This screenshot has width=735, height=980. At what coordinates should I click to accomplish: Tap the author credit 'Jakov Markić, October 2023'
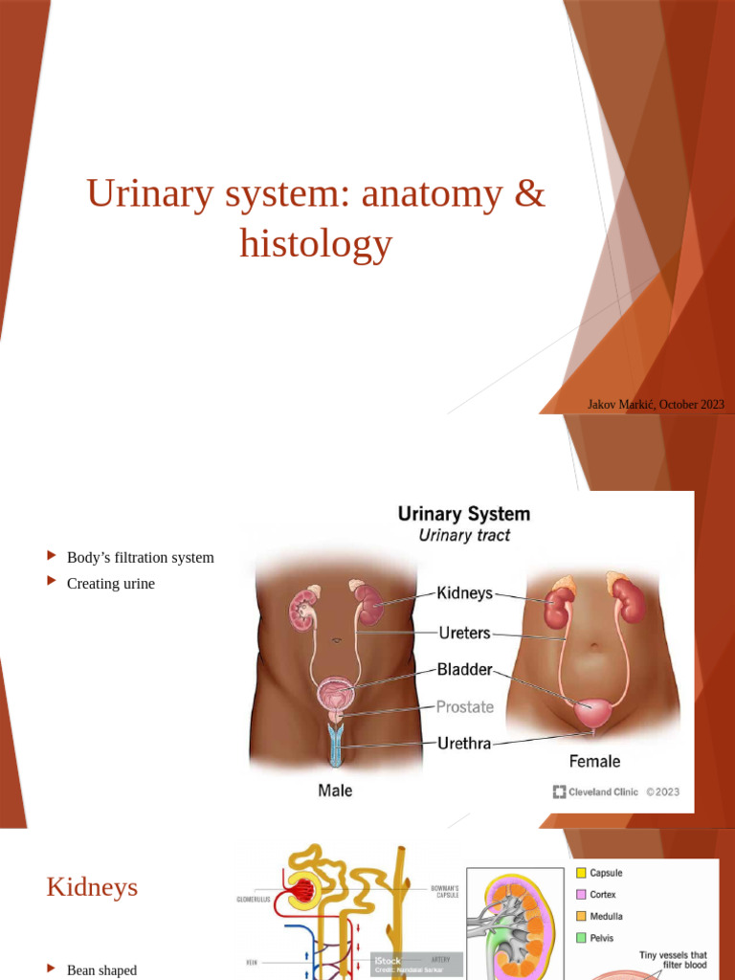click(656, 405)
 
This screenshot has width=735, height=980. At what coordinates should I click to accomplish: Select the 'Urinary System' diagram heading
click(463, 514)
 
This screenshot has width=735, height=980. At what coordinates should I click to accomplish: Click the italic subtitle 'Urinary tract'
click(464, 536)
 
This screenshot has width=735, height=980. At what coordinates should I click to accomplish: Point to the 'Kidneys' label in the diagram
click(464, 593)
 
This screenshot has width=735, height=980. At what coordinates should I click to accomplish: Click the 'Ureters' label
click(465, 633)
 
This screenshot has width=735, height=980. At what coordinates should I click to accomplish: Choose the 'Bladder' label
click(465, 670)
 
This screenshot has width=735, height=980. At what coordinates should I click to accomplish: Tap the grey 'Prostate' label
click(465, 707)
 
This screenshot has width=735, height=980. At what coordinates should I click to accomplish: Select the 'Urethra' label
click(464, 743)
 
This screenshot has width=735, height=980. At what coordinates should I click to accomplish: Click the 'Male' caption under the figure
click(335, 791)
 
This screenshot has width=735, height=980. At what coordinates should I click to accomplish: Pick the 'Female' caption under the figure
click(594, 762)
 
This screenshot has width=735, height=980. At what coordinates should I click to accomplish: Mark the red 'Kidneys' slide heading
click(92, 887)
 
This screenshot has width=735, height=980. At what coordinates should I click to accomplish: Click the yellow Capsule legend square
click(581, 873)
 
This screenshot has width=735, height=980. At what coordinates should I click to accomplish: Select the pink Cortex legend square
click(581, 895)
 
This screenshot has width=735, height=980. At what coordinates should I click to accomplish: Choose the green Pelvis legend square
click(581, 938)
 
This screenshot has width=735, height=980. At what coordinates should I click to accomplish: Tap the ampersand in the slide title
click(528, 194)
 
